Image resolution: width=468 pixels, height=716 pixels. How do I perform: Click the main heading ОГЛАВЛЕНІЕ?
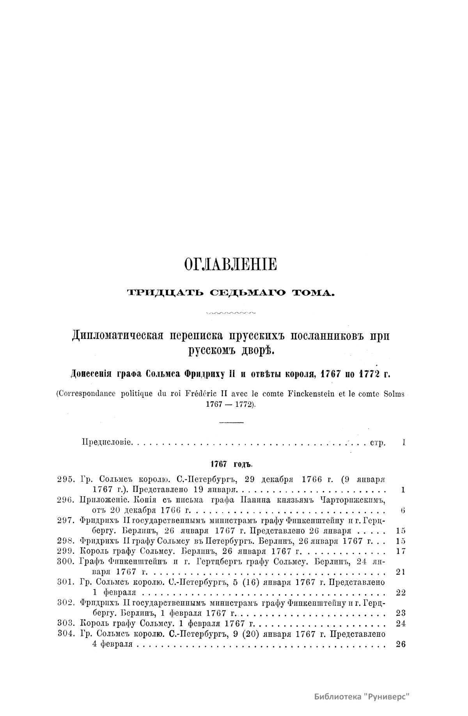(x=230, y=265)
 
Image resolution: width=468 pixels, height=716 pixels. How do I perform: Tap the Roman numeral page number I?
(x=404, y=443)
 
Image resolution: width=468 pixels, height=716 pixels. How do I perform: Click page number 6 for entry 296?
(x=403, y=510)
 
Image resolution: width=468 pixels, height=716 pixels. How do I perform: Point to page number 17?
(x=401, y=552)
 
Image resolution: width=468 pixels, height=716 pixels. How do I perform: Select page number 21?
(x=401, y=572)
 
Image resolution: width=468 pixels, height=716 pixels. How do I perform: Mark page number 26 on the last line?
(x=401, y=645)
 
